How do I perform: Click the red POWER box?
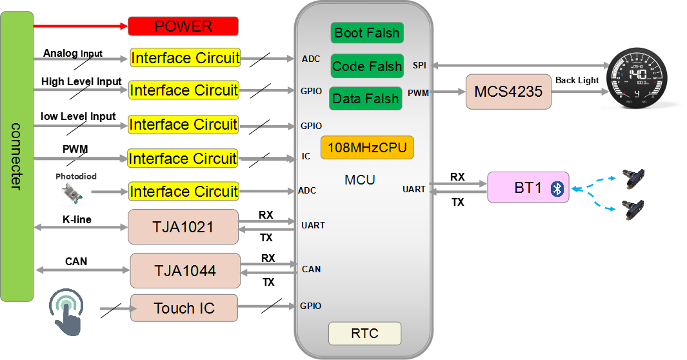coord(183,26)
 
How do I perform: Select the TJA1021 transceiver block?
coord(183,227)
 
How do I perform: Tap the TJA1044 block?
coord(185,270)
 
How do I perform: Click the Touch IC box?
coord(184,308)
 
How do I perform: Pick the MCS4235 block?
coord(509,92)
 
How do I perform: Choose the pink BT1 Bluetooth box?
coord(528,188)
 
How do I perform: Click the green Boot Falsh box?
coord(366,33)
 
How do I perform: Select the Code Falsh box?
coord(367,66)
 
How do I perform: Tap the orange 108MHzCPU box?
coord(367,148)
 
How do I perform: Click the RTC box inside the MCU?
coord(364,334)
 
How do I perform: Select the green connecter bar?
coord(17,156)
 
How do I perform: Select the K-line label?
coord(77,219)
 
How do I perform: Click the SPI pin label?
coord(419,65)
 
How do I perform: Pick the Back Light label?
coord(577,80)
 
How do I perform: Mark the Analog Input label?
coord(73,54)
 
